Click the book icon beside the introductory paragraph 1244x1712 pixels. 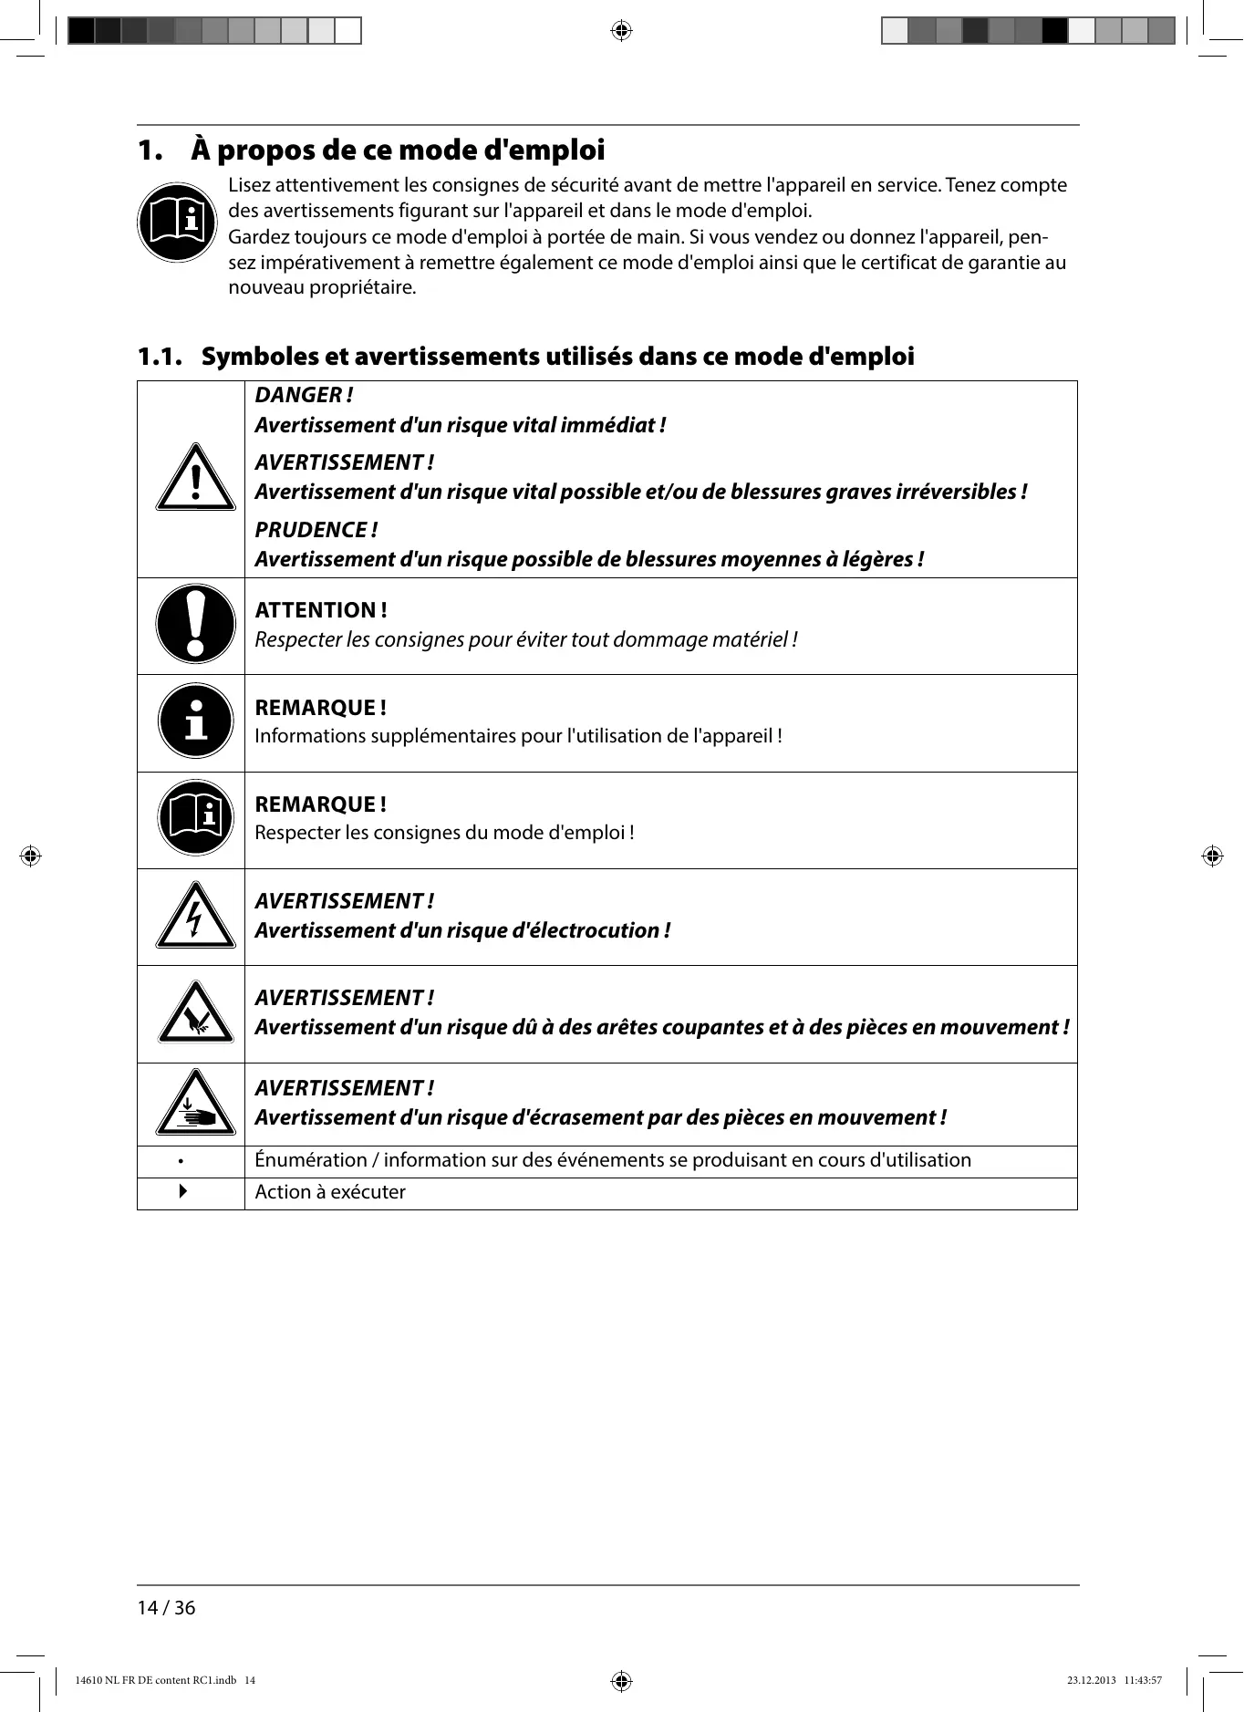tap(177, 223)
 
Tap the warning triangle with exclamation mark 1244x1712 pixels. tap(195, 478)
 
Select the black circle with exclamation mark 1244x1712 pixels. tap(195, 624)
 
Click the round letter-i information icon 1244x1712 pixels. tap(195, 721)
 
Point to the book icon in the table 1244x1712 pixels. tap(195, 817)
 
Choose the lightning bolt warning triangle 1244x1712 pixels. tap(195, 917)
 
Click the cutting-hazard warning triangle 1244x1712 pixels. tap(195, 1013)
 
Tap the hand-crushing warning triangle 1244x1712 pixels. tap(195, 1104)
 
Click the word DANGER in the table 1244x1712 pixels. tap(298, 395)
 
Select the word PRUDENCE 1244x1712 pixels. tap(310, 530)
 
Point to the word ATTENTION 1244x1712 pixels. tap(316, 610)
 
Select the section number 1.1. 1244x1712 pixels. tap(160, 357)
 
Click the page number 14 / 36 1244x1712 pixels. tap(166, 1608)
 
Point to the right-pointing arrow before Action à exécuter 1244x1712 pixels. tap(183, 1191)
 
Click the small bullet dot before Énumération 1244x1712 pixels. tap(181, 1162)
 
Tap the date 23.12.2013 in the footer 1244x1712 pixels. tap(1091, 1680)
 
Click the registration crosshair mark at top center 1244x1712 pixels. tap(621, 31)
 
